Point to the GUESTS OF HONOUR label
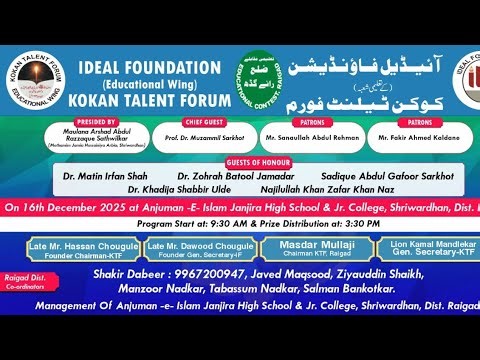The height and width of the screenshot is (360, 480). (x=240, y=163)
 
